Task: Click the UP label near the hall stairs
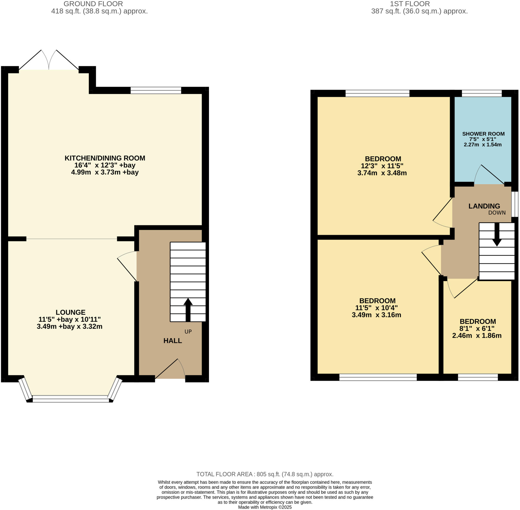click(x=188, y=332)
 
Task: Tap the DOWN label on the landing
click(x=497, y=213)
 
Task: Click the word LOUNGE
click(x=71, y=312)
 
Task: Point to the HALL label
click(x=173, y=341)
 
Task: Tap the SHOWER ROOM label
click(x=483, y=134)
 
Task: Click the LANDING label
click(x=484, y=206)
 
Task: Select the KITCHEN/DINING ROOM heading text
click(x=105, y=158)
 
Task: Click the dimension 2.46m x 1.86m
click(x=477, y=336)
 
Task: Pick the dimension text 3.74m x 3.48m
click(x=382, y=173)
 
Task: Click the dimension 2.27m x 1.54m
click(x=483, y=145)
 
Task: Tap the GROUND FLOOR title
click(x=93, y=4)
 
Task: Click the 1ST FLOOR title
click(x=410, y=4)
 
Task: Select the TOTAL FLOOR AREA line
click(x=265, y=474)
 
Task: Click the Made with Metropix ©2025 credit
click(x=265, y=507)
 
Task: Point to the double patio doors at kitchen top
click(x=49, y=60)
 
